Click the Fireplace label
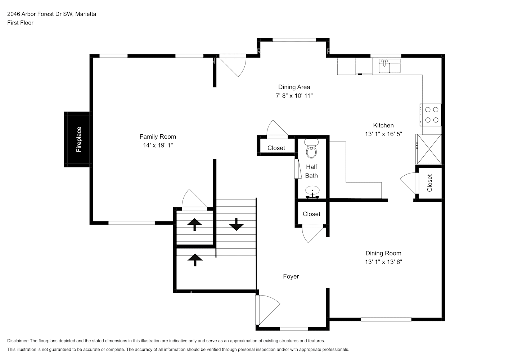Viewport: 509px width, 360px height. point(79,139)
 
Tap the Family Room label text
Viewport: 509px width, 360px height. point(158,136)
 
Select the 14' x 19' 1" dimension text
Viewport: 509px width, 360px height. point(158,145)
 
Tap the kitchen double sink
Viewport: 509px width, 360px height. point(390,66)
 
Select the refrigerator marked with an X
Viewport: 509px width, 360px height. point(429,149)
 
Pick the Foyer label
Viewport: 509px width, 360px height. point(291,276)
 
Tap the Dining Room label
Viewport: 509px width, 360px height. point(383,253)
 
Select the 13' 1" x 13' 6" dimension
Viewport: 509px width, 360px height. point(383,262)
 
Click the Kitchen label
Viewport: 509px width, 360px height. point(383,125)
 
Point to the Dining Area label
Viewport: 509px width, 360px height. point(294,87)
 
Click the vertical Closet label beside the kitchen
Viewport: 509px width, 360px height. point(429,183)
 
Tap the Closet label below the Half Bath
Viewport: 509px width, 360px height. point(311,214)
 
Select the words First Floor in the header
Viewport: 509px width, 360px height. point(20,23)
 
